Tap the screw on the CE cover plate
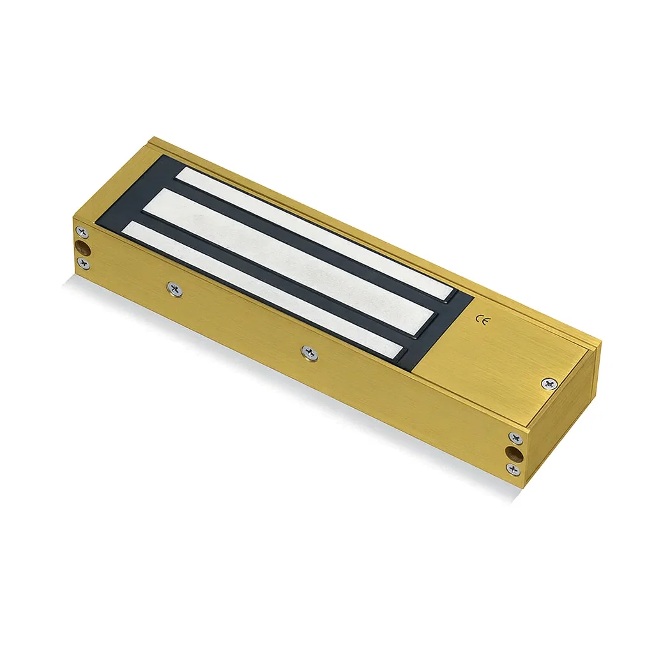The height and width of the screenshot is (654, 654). click(548, 383)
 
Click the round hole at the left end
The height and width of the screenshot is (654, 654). click(83, 247)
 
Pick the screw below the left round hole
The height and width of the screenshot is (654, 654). click(83, 262)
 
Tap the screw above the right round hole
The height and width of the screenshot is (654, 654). click(514, 437)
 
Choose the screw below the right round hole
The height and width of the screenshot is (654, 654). click(513, 469)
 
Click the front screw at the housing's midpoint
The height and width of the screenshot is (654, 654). click(310, 352)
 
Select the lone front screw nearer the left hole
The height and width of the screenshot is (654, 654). click(174, 289)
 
